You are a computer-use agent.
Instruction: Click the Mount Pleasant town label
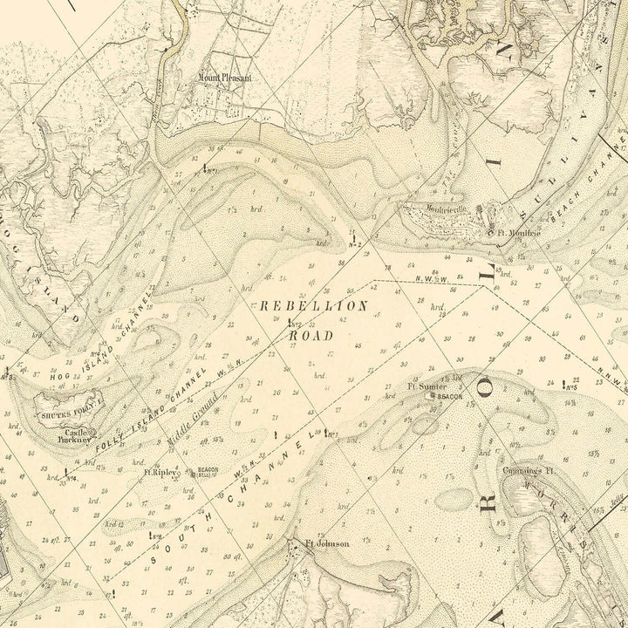(225, 78)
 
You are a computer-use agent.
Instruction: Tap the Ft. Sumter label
(427, 386)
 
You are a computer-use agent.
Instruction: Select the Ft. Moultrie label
(515, 233)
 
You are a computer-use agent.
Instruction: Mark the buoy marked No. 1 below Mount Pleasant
(206, 167)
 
